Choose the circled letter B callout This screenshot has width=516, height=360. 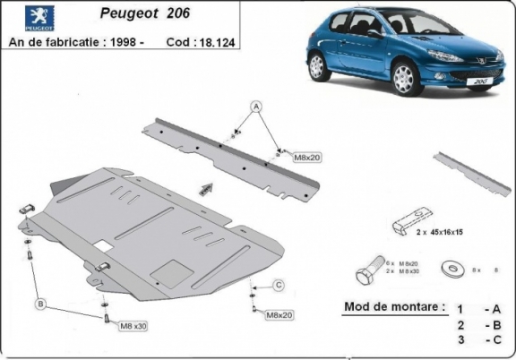pos(40,304)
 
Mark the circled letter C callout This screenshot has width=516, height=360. pos(279,285)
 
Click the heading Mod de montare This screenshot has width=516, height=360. pos(394,307)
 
